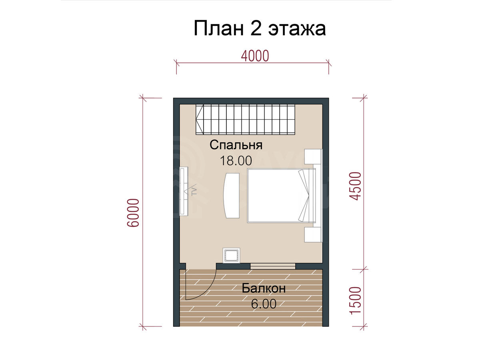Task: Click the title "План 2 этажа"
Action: [260, 28]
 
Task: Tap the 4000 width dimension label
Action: [255, 56]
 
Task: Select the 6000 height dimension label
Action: [133, 213]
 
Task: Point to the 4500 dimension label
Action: [355, 186]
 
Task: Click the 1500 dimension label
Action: [355, 301]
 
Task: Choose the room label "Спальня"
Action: [236, 145]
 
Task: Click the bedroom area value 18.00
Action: [236, 161]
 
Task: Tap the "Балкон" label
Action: [264, 288]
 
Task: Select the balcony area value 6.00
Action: [264, 304]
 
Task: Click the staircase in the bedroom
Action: [245, 119]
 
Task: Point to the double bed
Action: [282, 196]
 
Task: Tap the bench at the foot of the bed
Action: [232, 196]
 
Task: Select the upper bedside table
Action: [313, 157]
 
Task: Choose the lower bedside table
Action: [313, 234]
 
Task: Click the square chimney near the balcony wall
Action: [231, 255]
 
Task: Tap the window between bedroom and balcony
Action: [273, 266]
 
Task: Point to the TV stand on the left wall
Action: [184, 192]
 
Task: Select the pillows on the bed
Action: [304, 196]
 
